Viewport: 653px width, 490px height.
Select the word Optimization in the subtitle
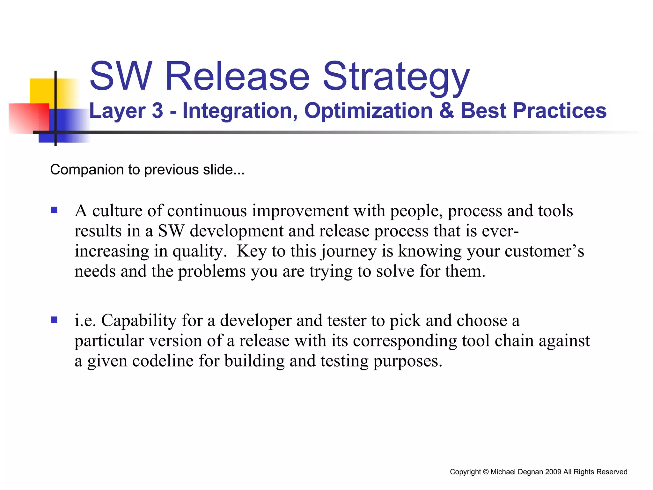(x=368, y=111)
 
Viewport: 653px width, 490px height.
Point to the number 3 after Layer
(x=157, y=111)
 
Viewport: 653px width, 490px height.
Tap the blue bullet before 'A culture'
(x=54, y=210)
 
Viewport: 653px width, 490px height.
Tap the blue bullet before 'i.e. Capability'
(x=54, y=320)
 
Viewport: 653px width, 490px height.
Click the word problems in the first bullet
(x=212, y=271)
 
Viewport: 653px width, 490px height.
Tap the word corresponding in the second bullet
(x=405, y=341)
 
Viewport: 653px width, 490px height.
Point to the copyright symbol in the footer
(x=486, y=472)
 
